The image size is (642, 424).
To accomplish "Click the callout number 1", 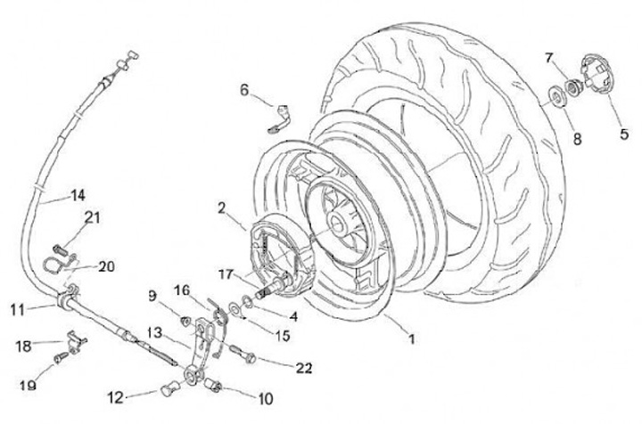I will coord(411,339).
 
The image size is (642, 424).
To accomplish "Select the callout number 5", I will coord(623,136).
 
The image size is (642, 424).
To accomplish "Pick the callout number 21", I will coord(92,216).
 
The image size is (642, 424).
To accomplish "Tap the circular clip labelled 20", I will coord(57,262).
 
